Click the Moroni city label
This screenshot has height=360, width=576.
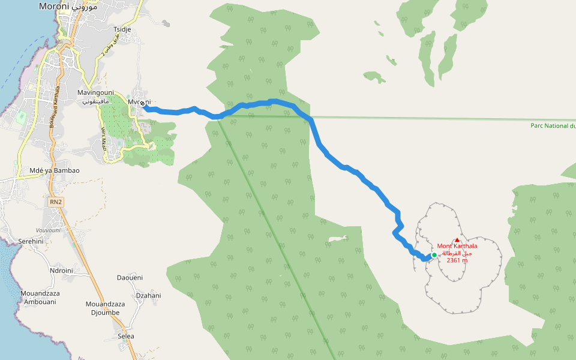tap(54, 7)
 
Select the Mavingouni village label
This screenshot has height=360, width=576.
tap(95, 92)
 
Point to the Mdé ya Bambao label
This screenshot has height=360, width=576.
tap(54, 170)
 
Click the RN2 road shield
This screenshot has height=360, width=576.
tap(56, 203)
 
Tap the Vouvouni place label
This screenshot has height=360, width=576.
tap(48, 230)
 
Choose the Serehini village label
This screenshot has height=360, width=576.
tap(31, 241)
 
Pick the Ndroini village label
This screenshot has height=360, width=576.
tap(61, 271)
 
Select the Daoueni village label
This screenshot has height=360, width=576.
tap(130, 278)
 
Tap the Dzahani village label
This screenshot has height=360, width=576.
tap(148, 295)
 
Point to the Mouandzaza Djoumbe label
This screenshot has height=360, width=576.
tap(105, 308)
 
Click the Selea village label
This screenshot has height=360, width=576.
tap(126, 336)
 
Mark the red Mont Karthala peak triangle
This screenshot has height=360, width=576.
tap(457, 239)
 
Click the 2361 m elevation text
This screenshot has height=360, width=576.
tap(457, 260)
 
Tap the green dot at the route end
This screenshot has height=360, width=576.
tap(434, 255)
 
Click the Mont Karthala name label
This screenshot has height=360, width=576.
tap(457, 246)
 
